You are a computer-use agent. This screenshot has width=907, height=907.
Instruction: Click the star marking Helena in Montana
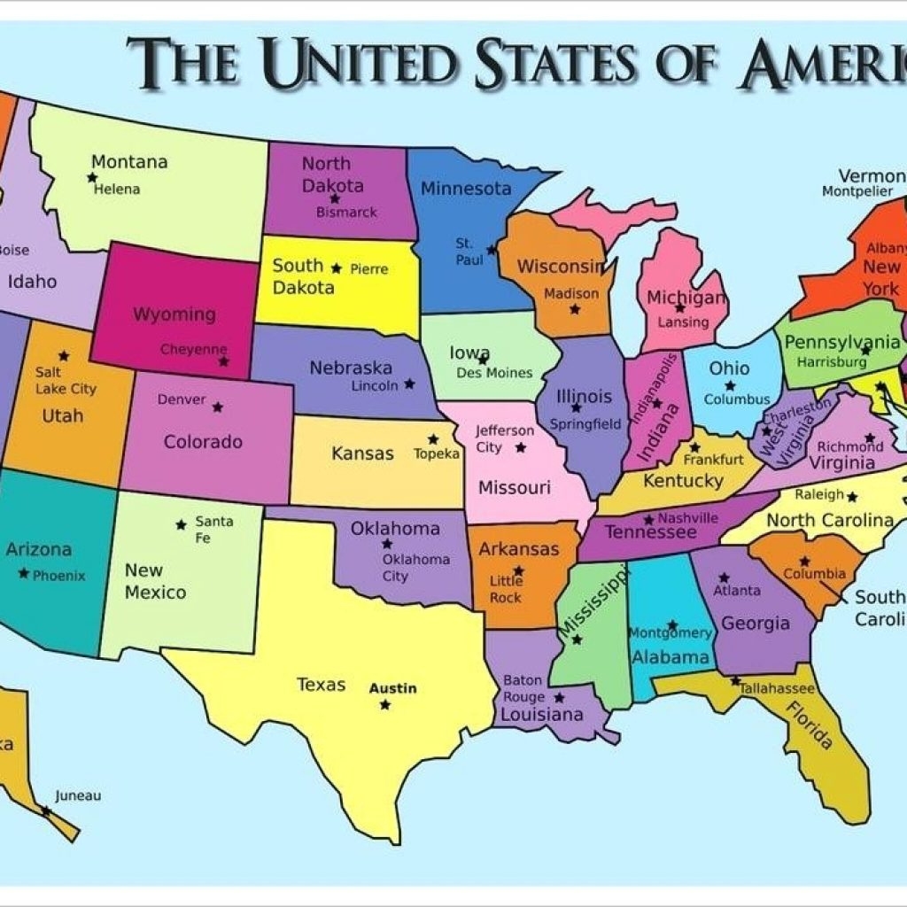coord(91,177)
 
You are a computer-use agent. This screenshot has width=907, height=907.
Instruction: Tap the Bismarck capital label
coord(347,213)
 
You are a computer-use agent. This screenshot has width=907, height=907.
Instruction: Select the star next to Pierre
coord(336,267)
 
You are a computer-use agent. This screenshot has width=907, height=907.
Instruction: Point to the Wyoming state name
coord(174,314)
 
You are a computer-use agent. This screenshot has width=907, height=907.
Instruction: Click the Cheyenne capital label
coord(193,350)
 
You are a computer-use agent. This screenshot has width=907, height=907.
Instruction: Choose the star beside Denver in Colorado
coord(217,407)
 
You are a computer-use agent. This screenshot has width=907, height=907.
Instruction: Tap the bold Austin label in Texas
coord(392,688)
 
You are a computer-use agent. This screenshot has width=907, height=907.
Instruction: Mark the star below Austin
coord(384,705)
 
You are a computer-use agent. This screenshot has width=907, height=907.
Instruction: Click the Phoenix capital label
coord(59,576)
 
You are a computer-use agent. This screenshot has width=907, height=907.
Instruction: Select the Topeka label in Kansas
coord(437,453)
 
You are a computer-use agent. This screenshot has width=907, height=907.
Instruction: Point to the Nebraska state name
coord(351,368)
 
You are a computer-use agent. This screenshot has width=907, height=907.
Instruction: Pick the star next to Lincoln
coord(409,384)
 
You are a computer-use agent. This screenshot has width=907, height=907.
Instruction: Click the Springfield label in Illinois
coord(585,424)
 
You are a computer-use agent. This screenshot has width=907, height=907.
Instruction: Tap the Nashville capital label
coord(688,518)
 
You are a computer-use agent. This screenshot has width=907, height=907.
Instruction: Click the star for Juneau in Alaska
coord(45,810)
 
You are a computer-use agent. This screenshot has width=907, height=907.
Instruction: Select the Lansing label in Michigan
coord(683,322)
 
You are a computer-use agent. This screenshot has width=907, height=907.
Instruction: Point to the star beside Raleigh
coord(852,495)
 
